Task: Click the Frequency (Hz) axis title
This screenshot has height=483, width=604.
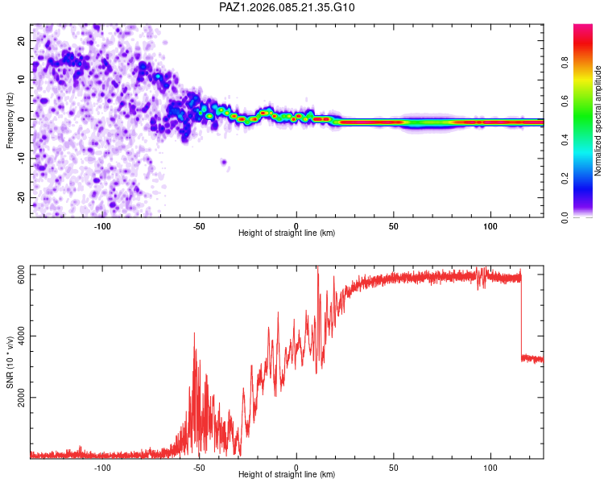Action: [10, 121]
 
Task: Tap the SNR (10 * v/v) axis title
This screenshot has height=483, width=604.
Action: [10, 361]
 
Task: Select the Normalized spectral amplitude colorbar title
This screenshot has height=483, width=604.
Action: [598, 121]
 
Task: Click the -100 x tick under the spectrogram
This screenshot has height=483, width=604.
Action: [102, 226]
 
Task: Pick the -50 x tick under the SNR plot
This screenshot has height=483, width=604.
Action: [199, 468]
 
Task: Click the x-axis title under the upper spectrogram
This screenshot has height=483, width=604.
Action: [287, 233]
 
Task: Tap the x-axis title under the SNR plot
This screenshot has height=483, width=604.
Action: [287, 475]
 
